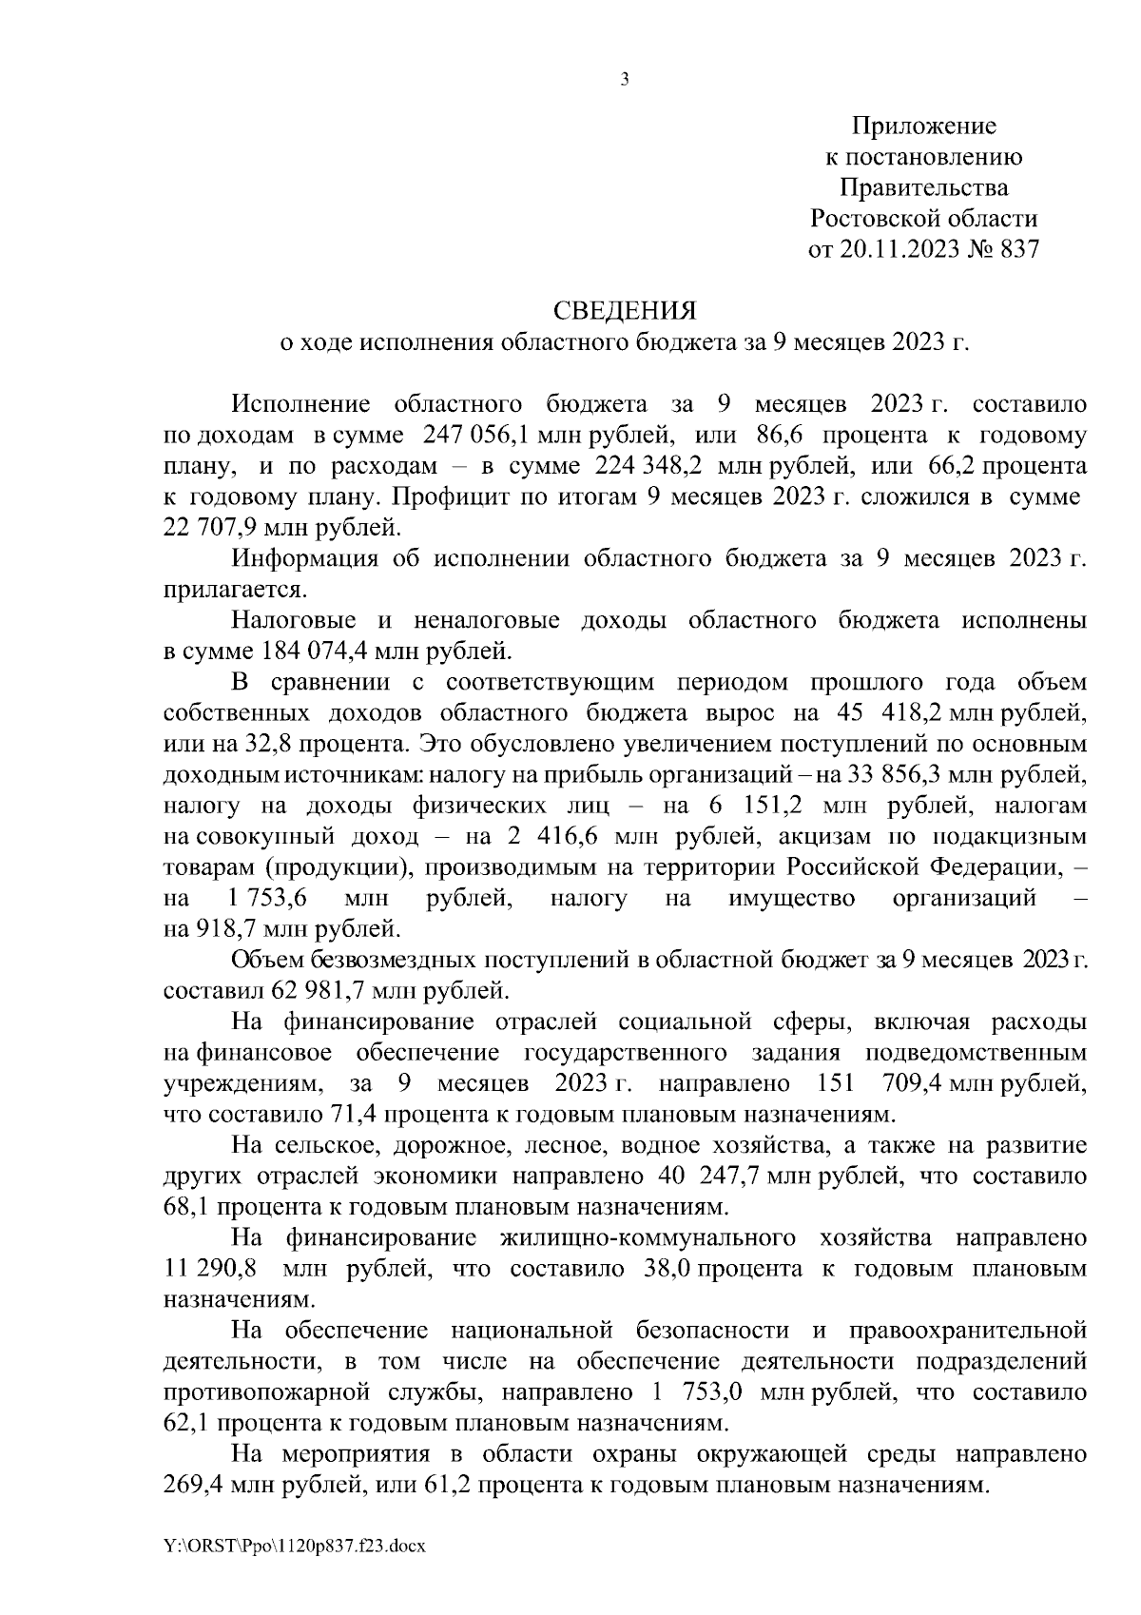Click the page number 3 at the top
pyautogui.click(x=625, y=81)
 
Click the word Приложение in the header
pyautogui.click(x=923, y=126)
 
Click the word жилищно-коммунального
pyautogui.click(x=648, y=1238)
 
